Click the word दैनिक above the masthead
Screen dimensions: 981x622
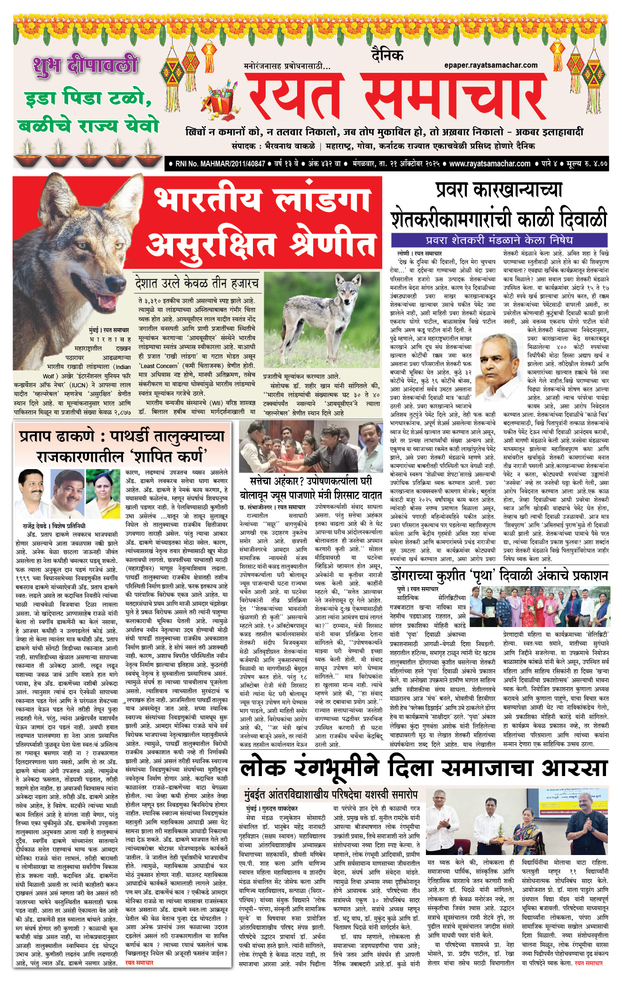[x=387, y=55]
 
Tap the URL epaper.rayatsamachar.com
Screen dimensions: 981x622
[x=490, y=65]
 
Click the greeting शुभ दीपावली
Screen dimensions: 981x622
[x=85, y=65]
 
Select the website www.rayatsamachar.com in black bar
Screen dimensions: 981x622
[x=489, y=164]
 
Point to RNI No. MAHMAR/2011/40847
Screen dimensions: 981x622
[x=220, y=164]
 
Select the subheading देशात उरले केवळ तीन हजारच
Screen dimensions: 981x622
[x=197, y=283]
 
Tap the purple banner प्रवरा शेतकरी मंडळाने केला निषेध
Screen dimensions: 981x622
[x=498, y=240]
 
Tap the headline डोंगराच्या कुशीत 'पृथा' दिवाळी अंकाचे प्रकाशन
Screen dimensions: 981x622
[x=498, y=576]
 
